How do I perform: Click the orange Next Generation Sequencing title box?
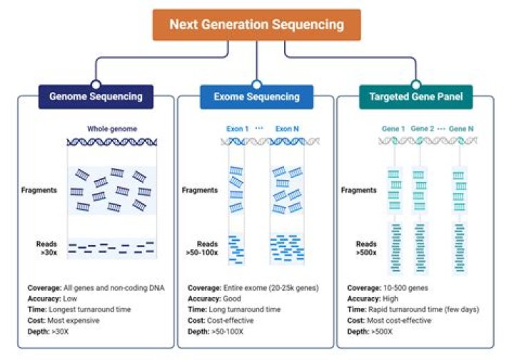pyautogui.click(x=256, y=24)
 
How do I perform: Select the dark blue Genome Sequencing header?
pyautogui.click(x=96, y=96)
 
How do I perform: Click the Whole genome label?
pyautogui.click(x=111, y=129)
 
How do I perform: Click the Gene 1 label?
pyautogui.click(x=393, y=129)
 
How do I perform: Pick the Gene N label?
pyautogui.click(x=461, y=129)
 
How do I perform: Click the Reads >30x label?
pyautogui.click(x=46, y=248)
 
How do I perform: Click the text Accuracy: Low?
pyautogui.click(x=49, y=299)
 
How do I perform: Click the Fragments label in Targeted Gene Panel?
pyautogui.click(x=360, y=191)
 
